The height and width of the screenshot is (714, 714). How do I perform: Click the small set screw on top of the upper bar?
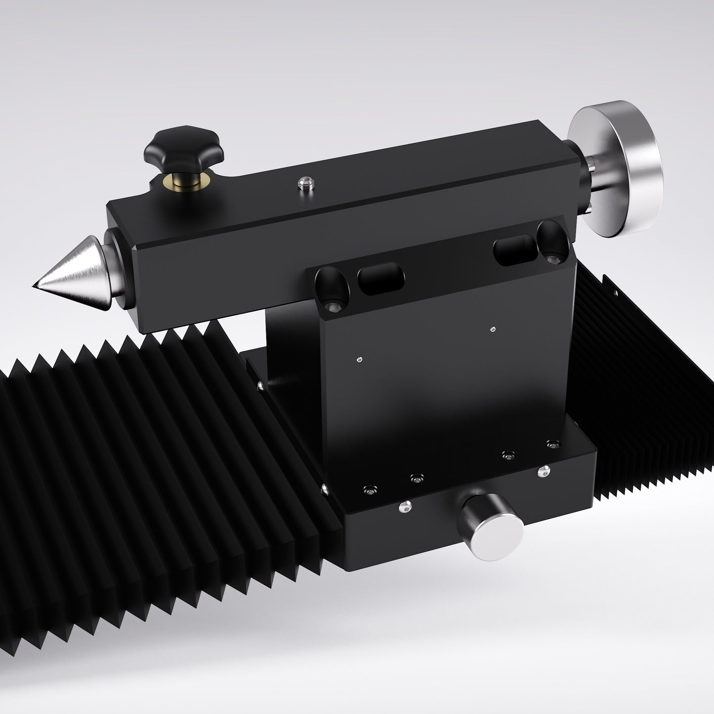click(304, 184)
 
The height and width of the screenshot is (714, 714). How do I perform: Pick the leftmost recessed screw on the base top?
click(370, 490)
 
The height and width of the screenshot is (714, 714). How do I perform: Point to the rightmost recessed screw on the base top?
click(552, 444)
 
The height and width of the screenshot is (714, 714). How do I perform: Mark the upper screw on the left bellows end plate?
click(259, 384)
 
